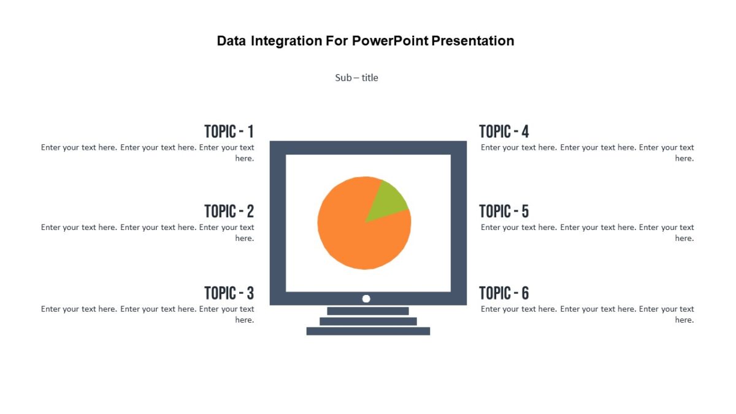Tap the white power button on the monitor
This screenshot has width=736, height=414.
[x=366, y=299]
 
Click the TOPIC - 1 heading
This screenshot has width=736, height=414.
[x=229, y=131]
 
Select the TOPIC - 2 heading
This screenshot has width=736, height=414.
[x=229, y=212]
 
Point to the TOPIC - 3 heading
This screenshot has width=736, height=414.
[x=229, y=293]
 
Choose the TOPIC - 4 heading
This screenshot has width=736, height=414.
[x=504, y=131]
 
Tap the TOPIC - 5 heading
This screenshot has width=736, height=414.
[x=504, y=212]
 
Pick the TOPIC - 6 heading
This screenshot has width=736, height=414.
[x=504, y=293]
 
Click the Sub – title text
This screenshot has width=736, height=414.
[x=356, y=78]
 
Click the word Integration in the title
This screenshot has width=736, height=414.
[x=286, y=41]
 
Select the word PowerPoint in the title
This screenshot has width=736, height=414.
[x=390, y=41]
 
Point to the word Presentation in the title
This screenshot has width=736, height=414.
[x=472, y=41]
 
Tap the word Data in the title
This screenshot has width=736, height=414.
[x=231, y=41]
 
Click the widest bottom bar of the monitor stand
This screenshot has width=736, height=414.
[x=368, y=331]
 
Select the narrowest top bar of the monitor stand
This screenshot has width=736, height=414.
[x=368, y=311]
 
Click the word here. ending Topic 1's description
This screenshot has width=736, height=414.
[x=245, y=158]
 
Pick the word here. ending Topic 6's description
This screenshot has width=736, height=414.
[x=684, y=320]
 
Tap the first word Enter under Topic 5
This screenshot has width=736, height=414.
[x=492, y=228]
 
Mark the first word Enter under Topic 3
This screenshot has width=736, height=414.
[x=52, y=309]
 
